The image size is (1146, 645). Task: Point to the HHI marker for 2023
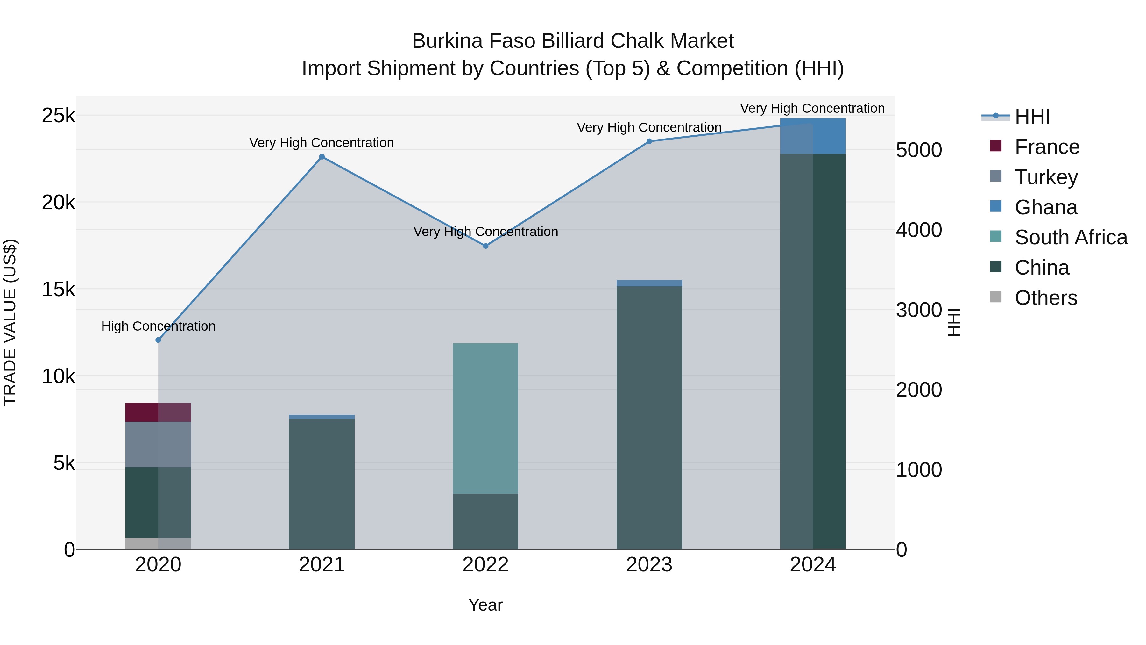(x=649, y=141)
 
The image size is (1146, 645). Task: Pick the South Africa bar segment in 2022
(x=485, y=419)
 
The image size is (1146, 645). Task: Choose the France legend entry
(x=1046, y=147)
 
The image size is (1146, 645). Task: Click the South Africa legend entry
(x=1071, y=237)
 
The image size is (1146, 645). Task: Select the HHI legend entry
(x=1032, y=117)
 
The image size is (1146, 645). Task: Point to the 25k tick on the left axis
(x=58, y=116)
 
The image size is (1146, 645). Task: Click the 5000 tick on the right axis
(x=919, y=150)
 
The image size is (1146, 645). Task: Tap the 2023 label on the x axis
(x=649, y=565)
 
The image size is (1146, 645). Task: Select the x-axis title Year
(x=485, y=605)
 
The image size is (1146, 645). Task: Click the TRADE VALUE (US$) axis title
(x=10, y=322)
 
